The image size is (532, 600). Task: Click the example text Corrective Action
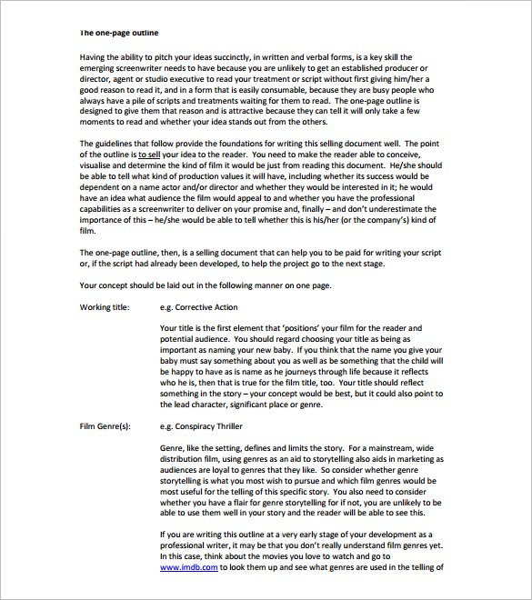200,309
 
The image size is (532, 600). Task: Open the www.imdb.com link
188,567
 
